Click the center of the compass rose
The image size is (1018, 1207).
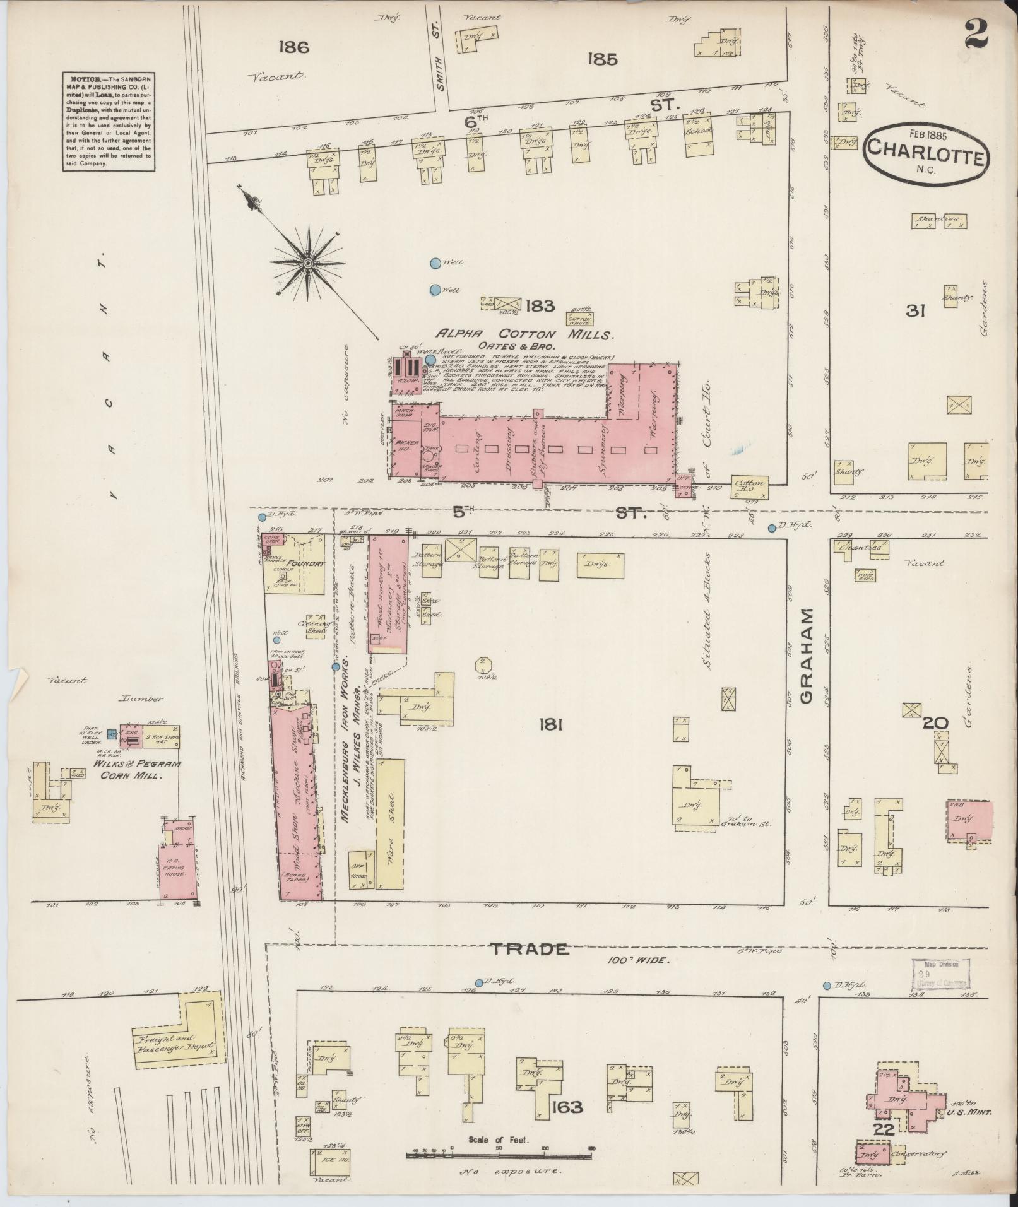click(307, 262)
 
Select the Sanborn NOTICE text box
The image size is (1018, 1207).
click(107, 120)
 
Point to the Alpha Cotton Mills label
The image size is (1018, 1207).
click(523, 334)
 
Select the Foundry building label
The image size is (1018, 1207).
click(306, 563)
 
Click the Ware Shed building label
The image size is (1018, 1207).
click(389, 820)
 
